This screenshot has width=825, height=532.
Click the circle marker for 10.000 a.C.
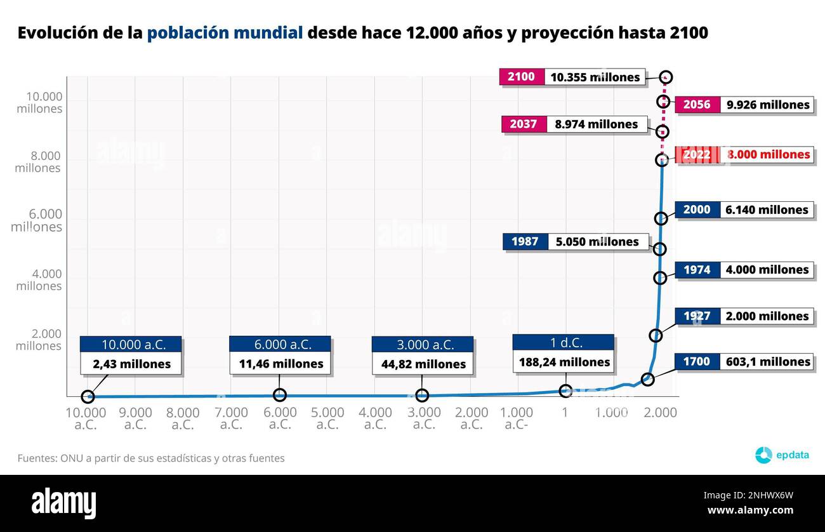(x=88, y=397)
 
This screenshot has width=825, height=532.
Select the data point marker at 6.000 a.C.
(x=279, y=395)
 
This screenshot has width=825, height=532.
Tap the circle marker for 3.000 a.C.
(x=422, y=396)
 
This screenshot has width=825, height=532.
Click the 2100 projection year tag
(x=521, y=77)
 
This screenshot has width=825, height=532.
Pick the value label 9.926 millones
(x=767, y=105)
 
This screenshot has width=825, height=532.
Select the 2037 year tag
(x=524, y=124)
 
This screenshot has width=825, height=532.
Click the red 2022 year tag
(x=697, y=155)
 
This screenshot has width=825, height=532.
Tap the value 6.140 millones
(x=767, y=210)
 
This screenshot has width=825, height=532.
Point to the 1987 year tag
(x=525, y=242)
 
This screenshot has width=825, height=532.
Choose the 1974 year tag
(x=697, y=270)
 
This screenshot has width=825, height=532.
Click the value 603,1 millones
(x=767, y=362)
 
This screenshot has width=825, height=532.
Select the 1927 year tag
(x=697, y=316)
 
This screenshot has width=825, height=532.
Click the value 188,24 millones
(x=564, y=362)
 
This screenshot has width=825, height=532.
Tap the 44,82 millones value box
(x=423, y=364)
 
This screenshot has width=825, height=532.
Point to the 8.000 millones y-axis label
(x=38, y=162)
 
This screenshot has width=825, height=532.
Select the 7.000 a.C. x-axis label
(x=232, y=418)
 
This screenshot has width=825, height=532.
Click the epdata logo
(x=782, y=455)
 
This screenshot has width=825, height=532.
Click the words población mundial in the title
(x=225, y=33)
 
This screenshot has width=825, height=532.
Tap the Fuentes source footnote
(x=151, y=458)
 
